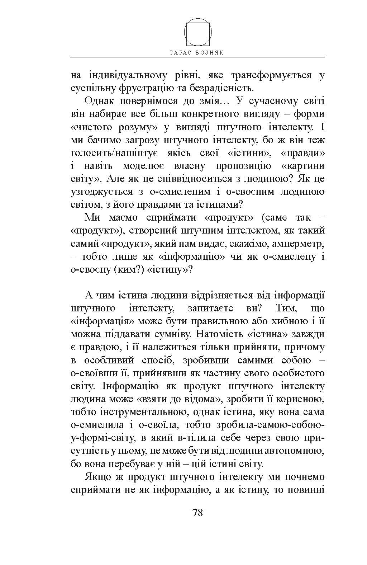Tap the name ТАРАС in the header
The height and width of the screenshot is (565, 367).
click(181, 52)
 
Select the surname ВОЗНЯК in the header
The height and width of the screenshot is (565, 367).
click(211, 52)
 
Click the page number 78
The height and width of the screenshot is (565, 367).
click(197, 513)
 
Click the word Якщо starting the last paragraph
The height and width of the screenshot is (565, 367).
click(97, 477)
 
